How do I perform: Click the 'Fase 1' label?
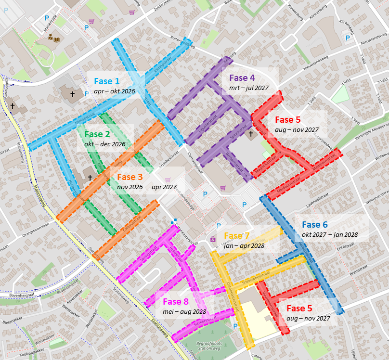point(107,81)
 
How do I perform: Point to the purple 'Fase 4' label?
point(242,77)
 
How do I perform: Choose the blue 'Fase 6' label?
point(315,224)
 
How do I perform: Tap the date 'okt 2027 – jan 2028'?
point(329,234)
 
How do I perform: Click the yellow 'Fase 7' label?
point(237,236)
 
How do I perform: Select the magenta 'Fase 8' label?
point(176,302)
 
